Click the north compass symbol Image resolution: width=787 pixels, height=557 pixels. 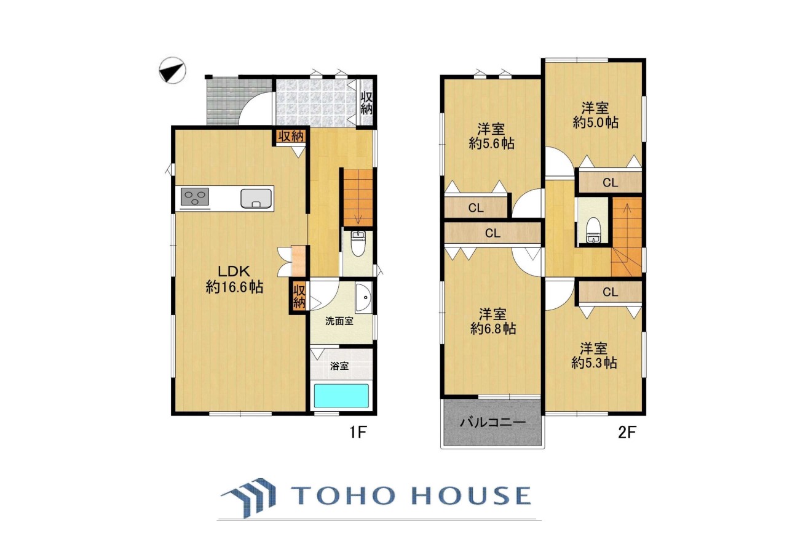point(172,70)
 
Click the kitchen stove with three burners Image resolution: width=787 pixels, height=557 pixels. point(195,197)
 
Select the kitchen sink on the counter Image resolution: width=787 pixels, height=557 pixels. point(256,199)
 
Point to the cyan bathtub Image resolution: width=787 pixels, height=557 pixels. point(341,396)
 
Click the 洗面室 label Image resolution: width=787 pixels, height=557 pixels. point(339,321)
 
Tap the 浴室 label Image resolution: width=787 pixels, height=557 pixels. point(339,366)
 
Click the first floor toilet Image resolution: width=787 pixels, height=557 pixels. point(358,243)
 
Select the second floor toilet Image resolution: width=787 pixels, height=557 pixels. point(593,231)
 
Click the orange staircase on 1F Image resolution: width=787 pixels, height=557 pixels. point(358,198)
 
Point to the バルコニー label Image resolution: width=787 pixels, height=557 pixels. point(493,422)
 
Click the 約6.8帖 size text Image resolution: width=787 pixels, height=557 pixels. point(493,329)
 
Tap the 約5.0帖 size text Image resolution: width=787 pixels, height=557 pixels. point(596,122)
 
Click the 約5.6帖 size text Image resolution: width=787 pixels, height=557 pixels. point(491,143)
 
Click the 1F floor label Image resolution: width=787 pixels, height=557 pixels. point(358,432)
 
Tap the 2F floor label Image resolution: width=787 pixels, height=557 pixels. point(627,432)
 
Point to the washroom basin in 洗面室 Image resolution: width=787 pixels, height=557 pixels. point(363,297)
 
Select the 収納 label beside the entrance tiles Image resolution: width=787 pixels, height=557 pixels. point(366,103)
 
